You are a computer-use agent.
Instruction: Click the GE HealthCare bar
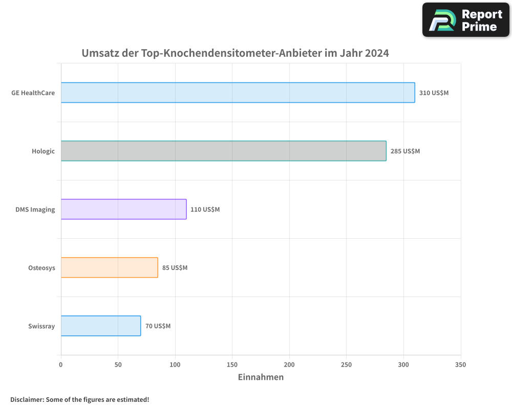point(238,93)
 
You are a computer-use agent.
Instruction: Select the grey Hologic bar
point(223,151)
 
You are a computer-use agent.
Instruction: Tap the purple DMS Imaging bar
point(123,209)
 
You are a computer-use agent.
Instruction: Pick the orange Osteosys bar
point(109,267)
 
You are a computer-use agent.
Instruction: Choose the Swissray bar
point(100,326)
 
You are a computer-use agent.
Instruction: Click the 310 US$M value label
point(434,93)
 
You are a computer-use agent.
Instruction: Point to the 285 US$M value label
point(405,151)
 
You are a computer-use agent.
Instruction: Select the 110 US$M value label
point(205,210)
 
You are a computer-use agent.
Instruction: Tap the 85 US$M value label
point(175,268)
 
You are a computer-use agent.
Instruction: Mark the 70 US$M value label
point(158,326)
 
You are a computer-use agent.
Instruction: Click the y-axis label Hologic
point(43,151)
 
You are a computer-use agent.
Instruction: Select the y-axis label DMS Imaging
point(35,210)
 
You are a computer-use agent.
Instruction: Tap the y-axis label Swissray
point(41,326)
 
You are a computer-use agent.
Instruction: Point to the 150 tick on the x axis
point(232,365)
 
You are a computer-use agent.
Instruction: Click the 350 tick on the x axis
point(460,365)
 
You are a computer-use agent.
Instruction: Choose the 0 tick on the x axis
point(61,365)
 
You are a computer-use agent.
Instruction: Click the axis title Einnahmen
point(261,377)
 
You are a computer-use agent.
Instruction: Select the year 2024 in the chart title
point(376,53)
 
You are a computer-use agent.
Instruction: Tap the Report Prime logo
point(466,20)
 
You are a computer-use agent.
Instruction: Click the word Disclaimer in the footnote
point(26,399)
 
